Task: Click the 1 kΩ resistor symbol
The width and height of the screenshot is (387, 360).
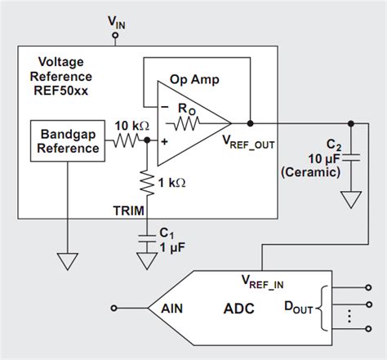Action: point(147,184)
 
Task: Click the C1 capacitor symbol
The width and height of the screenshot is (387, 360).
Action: point(147,236)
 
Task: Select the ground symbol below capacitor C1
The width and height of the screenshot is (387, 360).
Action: point(147,260)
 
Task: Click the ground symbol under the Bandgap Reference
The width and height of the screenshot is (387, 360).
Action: point(66,260)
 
